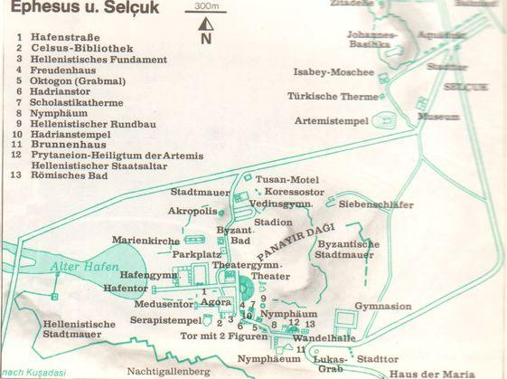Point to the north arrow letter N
coord(206,39)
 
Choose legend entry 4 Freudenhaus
coord(66,69)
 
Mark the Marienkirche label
coord(144,240)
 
